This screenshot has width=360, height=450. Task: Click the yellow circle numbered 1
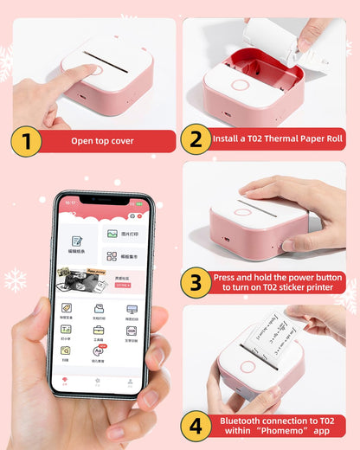pyautogui.click(x=26, y=142)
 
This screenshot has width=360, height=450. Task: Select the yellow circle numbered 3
pyautogui.click(x=196, y=282)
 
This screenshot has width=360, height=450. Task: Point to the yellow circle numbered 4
pyautogui.click(x=196, y=426)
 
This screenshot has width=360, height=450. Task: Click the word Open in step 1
pyautogui.click(x=82, y=140)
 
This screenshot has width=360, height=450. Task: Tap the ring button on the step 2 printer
pyautogui.click(x=240, y=86)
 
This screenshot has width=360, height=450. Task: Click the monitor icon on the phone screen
pyautogui.click(x=132, y=309)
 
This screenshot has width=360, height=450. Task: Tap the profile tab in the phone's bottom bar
pyautogui.click(x=130, y=381)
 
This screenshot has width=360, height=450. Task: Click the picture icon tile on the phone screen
pyautogui.click(x=112, y=234)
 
